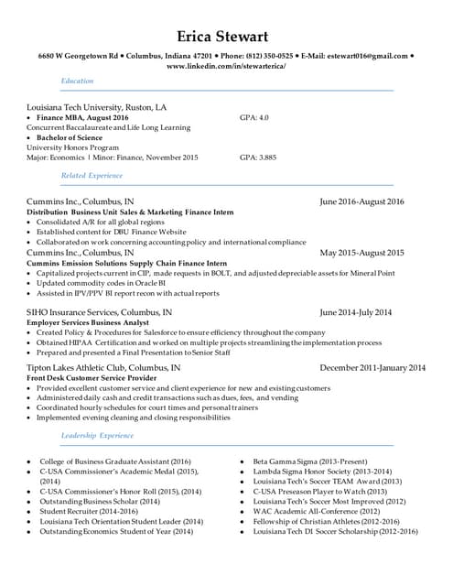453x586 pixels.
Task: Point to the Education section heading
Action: tap(77, 81)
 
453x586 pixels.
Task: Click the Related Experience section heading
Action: tap(92, 175)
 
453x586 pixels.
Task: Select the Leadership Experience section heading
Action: tap(97, 436)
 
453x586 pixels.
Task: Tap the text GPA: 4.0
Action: tap(253, 118)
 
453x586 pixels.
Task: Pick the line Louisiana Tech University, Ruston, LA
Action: tap(97, 107)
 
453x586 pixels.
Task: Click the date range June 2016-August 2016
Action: tap(361, 201)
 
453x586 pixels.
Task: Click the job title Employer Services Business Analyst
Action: tap(88, 322)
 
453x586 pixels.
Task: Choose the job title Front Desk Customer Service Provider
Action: tap(92, 377)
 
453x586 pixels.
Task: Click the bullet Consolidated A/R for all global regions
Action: tap(101, 222)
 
